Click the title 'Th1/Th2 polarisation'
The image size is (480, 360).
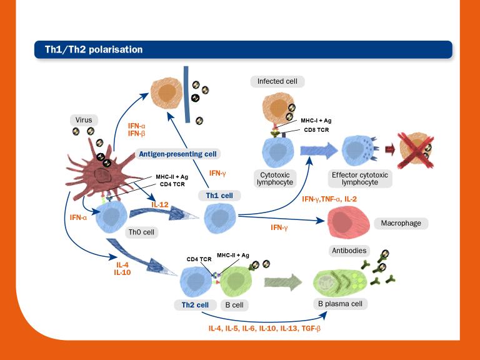pyautogui.click(x=89, y=49)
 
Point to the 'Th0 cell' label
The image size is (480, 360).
pyautogui.click(x=141, y=232)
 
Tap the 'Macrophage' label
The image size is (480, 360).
pyautogui.click(x=401, y=223)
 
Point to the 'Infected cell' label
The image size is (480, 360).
pyautogui.click(x=281, y=81)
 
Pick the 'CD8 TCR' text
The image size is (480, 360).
pyautogui.click(x=318, y=130)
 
